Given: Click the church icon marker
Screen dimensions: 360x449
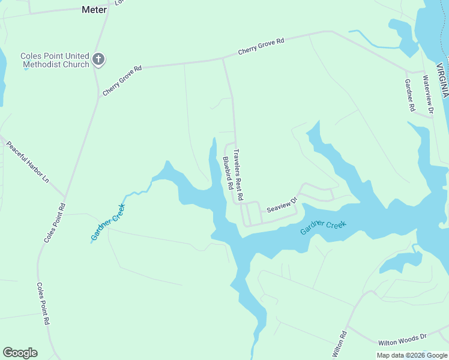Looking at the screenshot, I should coord(99,59).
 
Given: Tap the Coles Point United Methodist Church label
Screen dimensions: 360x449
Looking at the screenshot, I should coord(55,60).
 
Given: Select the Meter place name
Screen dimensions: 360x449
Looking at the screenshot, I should coord(94,10).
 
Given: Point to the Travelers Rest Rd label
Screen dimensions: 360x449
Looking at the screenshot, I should coord(239,175).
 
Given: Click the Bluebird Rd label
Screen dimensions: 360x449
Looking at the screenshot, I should coord(228,173).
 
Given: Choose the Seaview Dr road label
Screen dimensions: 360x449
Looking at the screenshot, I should coord(282,205).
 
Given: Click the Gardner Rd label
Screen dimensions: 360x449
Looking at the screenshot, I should coord(410,95).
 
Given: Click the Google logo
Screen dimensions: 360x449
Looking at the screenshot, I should coord(20,353).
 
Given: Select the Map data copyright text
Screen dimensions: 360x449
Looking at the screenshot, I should coord(412,355).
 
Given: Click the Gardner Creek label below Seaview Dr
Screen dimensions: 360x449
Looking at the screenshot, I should coord(324,227).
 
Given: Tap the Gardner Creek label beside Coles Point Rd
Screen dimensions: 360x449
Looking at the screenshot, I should coord(108,223).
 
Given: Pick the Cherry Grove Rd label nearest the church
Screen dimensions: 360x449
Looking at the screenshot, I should coord(122,80).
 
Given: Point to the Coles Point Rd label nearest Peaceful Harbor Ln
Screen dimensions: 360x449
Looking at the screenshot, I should coord(54,223).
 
